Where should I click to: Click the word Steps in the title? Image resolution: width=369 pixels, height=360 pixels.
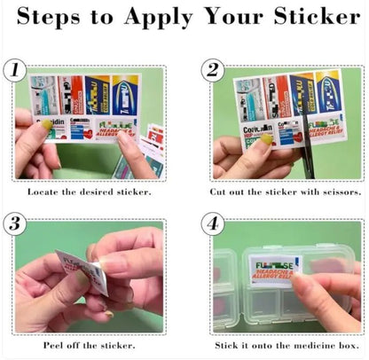tap(54, 17)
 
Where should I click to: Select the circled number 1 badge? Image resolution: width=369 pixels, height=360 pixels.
tap(16, 71)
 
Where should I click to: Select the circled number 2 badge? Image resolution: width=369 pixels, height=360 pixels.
tap(212, 71)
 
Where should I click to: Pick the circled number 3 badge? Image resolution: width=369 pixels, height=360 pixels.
tap(16, 223)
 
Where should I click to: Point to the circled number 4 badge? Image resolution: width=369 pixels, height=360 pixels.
tap(212, 223)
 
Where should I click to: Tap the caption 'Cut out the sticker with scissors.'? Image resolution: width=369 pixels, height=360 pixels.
tap(286, 192)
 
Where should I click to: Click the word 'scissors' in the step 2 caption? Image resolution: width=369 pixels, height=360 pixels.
tap(341, 192)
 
